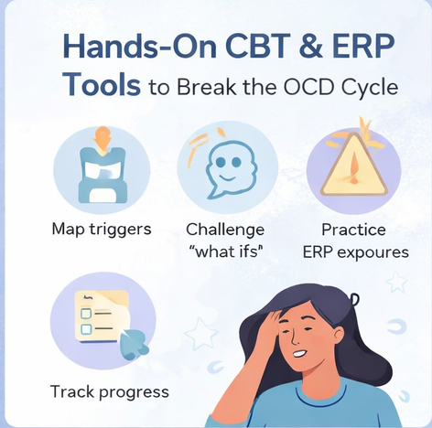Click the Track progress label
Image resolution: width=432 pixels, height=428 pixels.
click(x=109, y=392)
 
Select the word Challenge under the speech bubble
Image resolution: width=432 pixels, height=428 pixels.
click(x=224, y=229)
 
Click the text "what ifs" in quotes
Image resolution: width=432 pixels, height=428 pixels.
click(x=224, y=252)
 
